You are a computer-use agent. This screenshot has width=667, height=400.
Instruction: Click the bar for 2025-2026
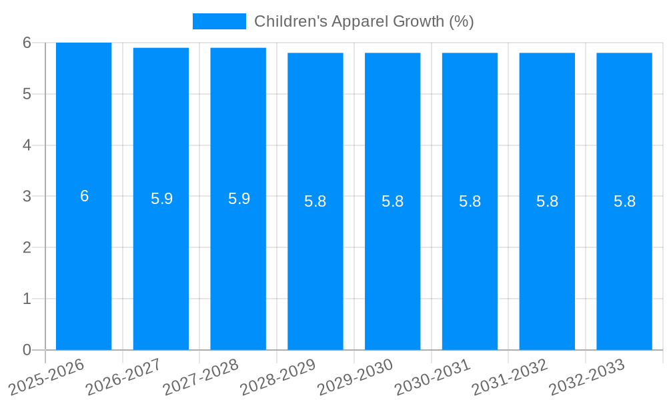tap(83, 267)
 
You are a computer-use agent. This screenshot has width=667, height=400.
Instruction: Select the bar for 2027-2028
tap(238, 267)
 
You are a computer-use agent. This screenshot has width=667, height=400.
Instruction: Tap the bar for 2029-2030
tap(392, 267)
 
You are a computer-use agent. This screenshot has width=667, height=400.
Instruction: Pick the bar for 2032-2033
tap(624, 267)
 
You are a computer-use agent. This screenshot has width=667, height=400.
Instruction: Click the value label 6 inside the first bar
tap(84, 196)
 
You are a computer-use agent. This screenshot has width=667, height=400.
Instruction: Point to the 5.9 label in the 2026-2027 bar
tap(161, 199)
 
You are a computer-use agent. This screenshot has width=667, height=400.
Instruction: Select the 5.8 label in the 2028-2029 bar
tap(315, 201)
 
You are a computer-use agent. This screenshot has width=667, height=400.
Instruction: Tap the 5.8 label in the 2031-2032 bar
tap(547, 201)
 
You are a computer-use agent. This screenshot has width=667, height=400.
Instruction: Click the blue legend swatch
tap(219, 21)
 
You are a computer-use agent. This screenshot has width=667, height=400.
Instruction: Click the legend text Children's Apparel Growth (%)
tap(364, 21)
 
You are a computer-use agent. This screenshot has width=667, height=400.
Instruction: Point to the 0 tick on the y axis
tap(27, 350)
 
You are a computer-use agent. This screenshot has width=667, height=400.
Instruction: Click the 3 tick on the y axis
tap(27, 197)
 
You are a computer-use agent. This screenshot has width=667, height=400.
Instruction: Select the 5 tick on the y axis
tap(27, 94)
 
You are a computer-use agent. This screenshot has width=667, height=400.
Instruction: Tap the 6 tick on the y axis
tap(27, 43)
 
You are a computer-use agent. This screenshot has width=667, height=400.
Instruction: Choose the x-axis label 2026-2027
tap(125, 377)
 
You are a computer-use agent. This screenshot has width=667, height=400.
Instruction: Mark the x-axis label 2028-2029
tap(279, 377)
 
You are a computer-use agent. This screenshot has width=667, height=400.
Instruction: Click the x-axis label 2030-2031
tap(434, 377)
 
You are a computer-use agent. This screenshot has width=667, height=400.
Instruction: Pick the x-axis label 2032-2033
tap(588, 377)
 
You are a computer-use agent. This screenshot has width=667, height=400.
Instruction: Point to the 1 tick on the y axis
tap(27, 299)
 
